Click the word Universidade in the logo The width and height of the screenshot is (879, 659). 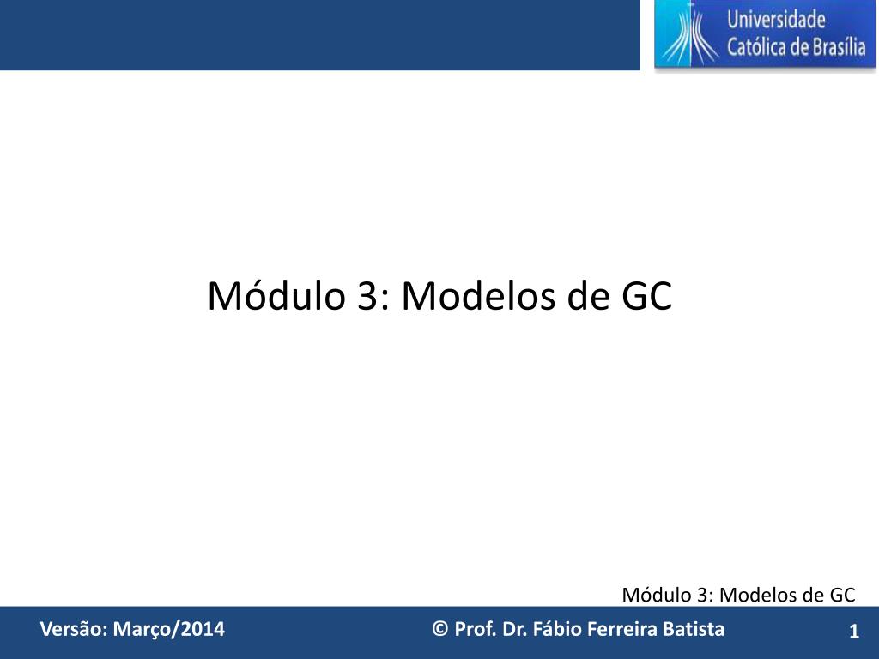coord(776,20)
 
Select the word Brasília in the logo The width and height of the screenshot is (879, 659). coord(840,46)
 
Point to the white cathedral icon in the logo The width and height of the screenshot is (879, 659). coord(690,34)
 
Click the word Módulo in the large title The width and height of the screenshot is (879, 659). coord(276,295)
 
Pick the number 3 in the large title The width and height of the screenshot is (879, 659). coord(367,295)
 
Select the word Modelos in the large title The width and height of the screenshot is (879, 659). coord(479,295)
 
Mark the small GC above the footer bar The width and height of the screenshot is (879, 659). coord(843,595)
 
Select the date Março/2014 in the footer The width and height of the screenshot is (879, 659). coord(169,629)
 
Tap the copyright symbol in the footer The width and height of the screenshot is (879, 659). coord(440,629)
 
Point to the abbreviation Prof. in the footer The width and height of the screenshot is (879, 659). coord(476,629)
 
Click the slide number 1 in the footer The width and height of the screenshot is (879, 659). coord(854,632)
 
